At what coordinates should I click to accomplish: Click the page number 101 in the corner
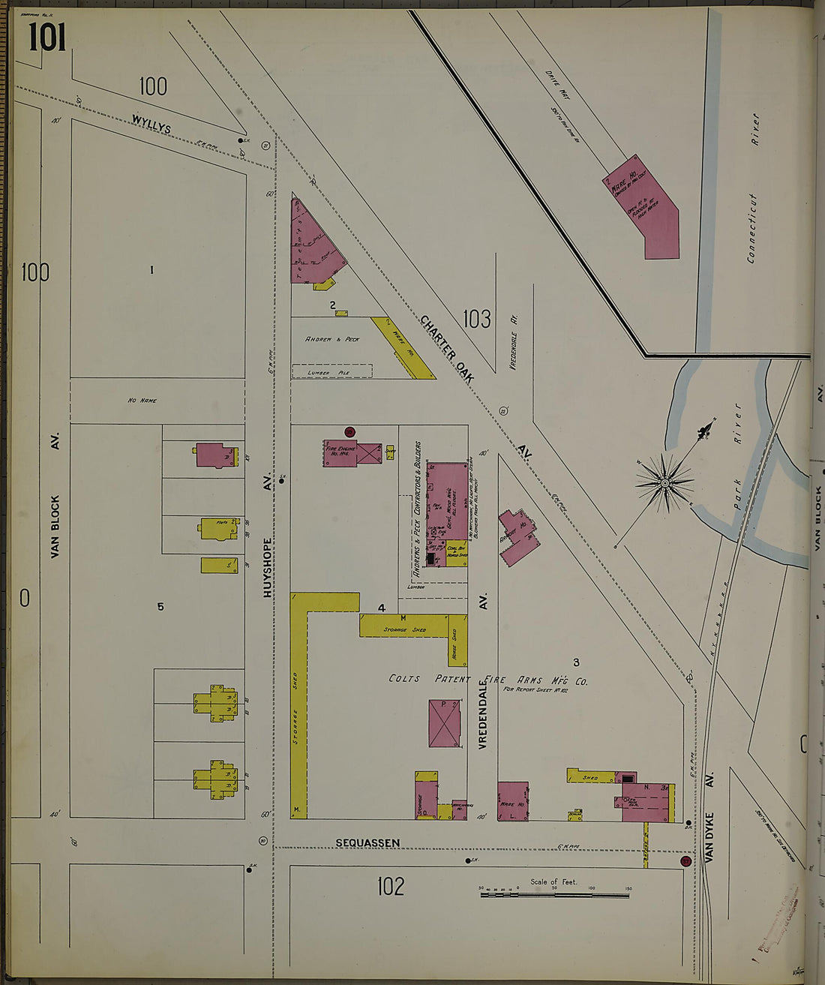tap(47, 37)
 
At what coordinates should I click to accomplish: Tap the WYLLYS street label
tap(151, 124)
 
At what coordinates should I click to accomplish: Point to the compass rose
tap(664, 483)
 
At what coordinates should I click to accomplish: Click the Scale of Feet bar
tap(554, 893)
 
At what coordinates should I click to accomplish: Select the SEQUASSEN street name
tap(367, 842)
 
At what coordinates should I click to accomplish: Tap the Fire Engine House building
tap(340, 453)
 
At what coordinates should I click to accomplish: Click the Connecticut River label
tap(752, 188)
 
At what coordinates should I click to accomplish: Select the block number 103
tap(476, 319)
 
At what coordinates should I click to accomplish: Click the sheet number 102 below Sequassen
tap(390, 886)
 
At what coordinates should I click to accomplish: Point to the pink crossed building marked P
tap(444, 723)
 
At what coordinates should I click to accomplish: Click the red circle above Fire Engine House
tap(349, 431)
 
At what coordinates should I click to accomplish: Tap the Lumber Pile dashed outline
tap(331, 371)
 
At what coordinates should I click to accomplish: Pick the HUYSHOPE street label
tap(268, 566)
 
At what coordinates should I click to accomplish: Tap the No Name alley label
tap(142, 401)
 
